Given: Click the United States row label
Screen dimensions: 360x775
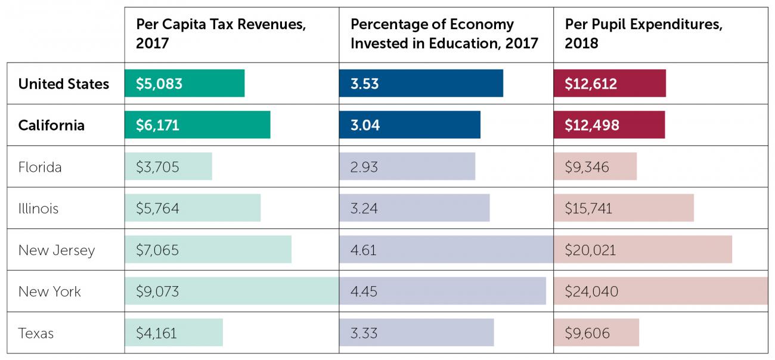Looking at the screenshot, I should click(64, 83).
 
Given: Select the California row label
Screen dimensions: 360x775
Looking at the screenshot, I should click(51, 125).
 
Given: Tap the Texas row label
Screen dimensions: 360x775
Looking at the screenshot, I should click(36, 333).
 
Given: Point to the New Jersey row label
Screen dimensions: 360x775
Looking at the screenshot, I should click(57, 250).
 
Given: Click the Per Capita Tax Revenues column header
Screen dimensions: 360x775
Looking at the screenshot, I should click(221, 33).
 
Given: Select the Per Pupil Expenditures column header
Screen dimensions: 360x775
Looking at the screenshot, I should click(643, 33).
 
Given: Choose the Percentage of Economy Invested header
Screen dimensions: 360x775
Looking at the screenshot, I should click(444, 33).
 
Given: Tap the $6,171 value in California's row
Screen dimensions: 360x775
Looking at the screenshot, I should click(157, 126).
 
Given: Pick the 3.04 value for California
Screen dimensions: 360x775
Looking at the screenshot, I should click(365, 126).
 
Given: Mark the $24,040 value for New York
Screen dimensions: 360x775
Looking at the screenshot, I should click(591, 292).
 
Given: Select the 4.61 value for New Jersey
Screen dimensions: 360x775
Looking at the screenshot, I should click(364, 250).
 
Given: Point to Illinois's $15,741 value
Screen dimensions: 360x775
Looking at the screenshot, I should click(588, 209).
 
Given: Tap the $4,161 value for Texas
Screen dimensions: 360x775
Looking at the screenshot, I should click(156, 333).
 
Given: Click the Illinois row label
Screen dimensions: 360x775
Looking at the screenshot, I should click(38, 209).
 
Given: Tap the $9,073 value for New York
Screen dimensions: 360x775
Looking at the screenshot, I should click(157, 292).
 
